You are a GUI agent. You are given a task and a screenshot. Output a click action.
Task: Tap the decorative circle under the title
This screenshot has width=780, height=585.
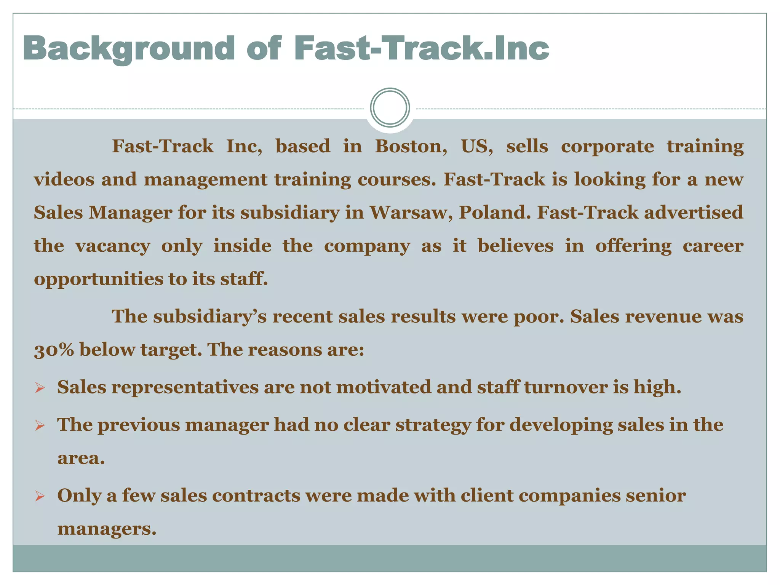[390, 108]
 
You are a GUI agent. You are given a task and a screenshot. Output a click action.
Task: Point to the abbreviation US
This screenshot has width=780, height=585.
[477, 147]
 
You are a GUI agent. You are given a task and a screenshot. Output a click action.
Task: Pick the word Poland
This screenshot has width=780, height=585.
[495, 213]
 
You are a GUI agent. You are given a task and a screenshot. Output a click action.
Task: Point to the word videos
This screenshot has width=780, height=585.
[64, 179]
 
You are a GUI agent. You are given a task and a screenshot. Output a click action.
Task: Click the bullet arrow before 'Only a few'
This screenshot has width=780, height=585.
[40, 496]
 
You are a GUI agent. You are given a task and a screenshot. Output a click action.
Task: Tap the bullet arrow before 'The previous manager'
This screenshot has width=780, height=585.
[40, 426]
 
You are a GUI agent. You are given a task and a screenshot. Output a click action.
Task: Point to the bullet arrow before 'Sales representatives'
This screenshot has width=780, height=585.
[40, 388]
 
